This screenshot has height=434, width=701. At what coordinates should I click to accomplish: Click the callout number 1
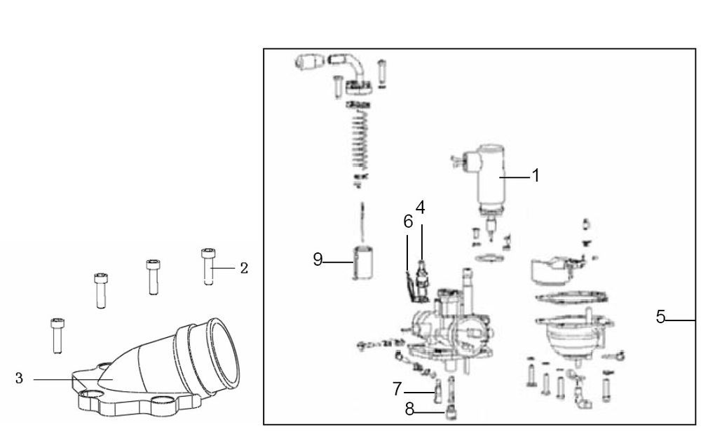click(536, 176)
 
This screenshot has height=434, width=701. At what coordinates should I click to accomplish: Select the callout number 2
click(243, 268)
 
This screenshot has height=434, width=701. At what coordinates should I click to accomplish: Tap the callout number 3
click(19, 379)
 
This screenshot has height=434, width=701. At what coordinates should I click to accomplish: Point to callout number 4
click(420, 208)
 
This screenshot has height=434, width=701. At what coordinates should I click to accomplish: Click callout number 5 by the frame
click(660, 317)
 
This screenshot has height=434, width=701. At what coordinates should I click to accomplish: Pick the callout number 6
click(408, 222)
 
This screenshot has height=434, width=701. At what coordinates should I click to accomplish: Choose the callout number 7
click(397, 388)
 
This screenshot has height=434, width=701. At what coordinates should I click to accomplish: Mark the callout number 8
click(409, 409)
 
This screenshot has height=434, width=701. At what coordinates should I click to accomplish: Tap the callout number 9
click(318, 260)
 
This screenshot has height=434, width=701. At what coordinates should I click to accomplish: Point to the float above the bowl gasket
click(554, 267)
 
